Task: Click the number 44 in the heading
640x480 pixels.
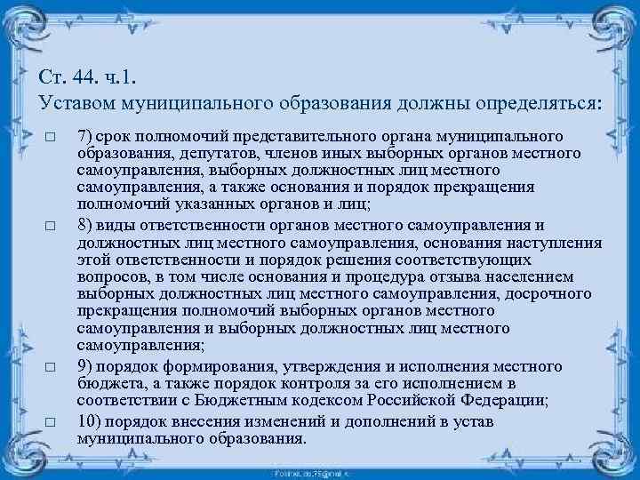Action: point(85,76)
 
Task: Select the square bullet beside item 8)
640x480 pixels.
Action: point(51,227)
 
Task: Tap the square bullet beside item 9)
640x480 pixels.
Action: point(51,366)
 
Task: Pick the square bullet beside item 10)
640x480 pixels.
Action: point(51,421)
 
